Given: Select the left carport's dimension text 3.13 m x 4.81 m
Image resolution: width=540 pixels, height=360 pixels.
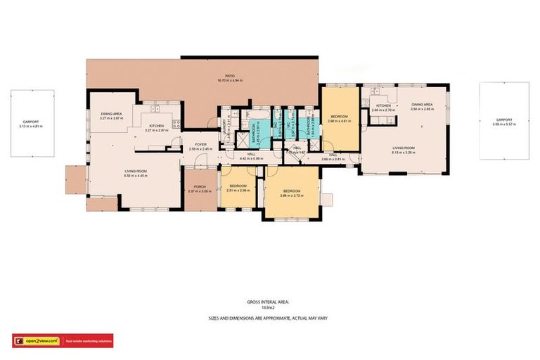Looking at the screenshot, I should tap(31, 127).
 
